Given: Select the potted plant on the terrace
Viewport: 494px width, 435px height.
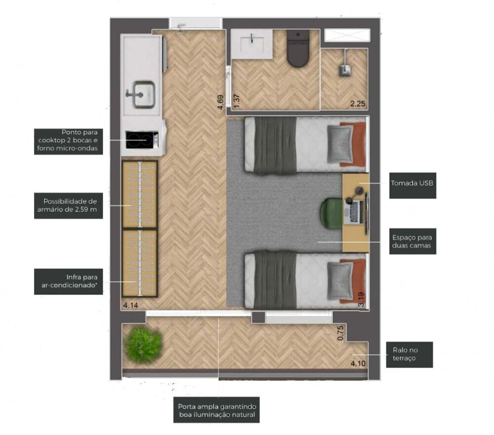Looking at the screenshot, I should (143, 345).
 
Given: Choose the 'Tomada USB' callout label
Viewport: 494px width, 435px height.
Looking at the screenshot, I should (412, 183).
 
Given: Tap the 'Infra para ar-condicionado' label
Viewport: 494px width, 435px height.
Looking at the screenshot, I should (68, 281).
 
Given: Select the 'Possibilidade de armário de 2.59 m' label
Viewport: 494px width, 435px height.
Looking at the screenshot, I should (68, 205).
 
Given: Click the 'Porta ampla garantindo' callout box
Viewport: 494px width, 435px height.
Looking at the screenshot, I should (217, 410).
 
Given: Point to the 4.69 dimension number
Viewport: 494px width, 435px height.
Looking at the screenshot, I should (220, 102).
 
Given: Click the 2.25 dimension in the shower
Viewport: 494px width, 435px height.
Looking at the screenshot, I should (358, 104).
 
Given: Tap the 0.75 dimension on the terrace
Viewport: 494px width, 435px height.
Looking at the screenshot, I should (340, 333).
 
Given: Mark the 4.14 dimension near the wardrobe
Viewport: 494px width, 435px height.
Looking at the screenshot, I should (130, 306).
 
